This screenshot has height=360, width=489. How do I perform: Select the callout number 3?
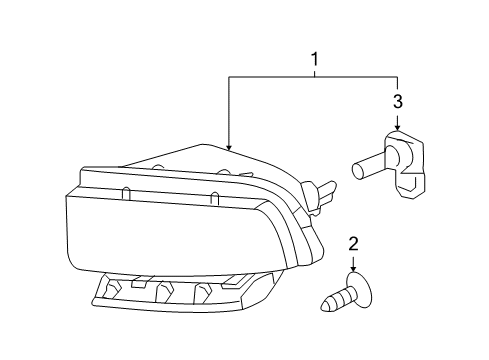click(x=397, y=101)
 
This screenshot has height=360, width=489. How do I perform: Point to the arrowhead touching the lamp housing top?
click(x=229, y=148)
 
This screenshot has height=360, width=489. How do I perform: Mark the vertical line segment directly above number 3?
click(x=397, y=85)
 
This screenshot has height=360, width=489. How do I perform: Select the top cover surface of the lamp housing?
click(x=180, y=160)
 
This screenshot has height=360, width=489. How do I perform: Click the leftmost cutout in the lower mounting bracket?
click(x=112, y=289)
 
